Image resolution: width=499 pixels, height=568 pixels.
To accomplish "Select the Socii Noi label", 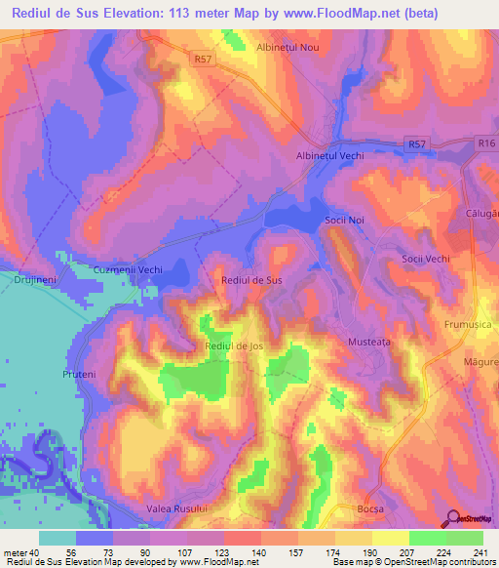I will tap(344, 222).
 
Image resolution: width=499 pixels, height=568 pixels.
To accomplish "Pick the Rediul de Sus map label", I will tap(252, 280).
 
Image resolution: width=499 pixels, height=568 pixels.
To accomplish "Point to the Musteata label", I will tap(369, 343).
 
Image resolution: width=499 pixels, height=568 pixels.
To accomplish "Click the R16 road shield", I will tap(486, 142).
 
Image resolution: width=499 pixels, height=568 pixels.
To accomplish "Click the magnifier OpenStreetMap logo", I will tap(454, 517).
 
